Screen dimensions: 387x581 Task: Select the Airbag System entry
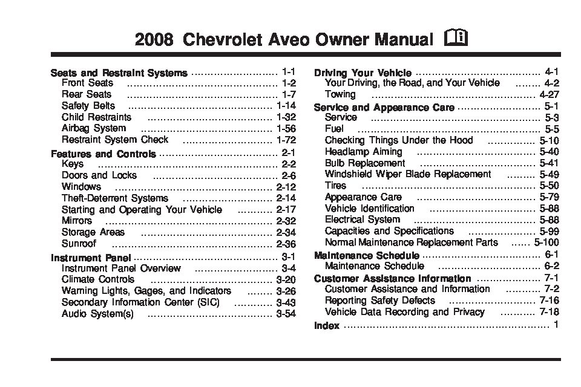pos(94,128)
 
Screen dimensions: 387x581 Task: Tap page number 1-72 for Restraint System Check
pos(283,140)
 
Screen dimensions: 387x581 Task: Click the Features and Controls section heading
pos(103,154)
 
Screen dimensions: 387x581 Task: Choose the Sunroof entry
pos(79,244)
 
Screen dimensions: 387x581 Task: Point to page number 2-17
pos(284,210)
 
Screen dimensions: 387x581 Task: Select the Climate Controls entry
pos(98,279)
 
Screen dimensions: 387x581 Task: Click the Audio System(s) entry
pos(97,314)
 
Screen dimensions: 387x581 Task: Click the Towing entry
pos(340,94)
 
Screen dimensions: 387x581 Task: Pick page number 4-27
pos(549,95)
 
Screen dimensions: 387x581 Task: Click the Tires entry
pos(335,186)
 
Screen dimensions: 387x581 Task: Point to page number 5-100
pos(545,242)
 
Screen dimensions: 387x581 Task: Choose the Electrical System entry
pos(362,220)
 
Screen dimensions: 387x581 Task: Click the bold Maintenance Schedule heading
pos(366,255)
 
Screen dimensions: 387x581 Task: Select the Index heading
pos(326,326)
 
